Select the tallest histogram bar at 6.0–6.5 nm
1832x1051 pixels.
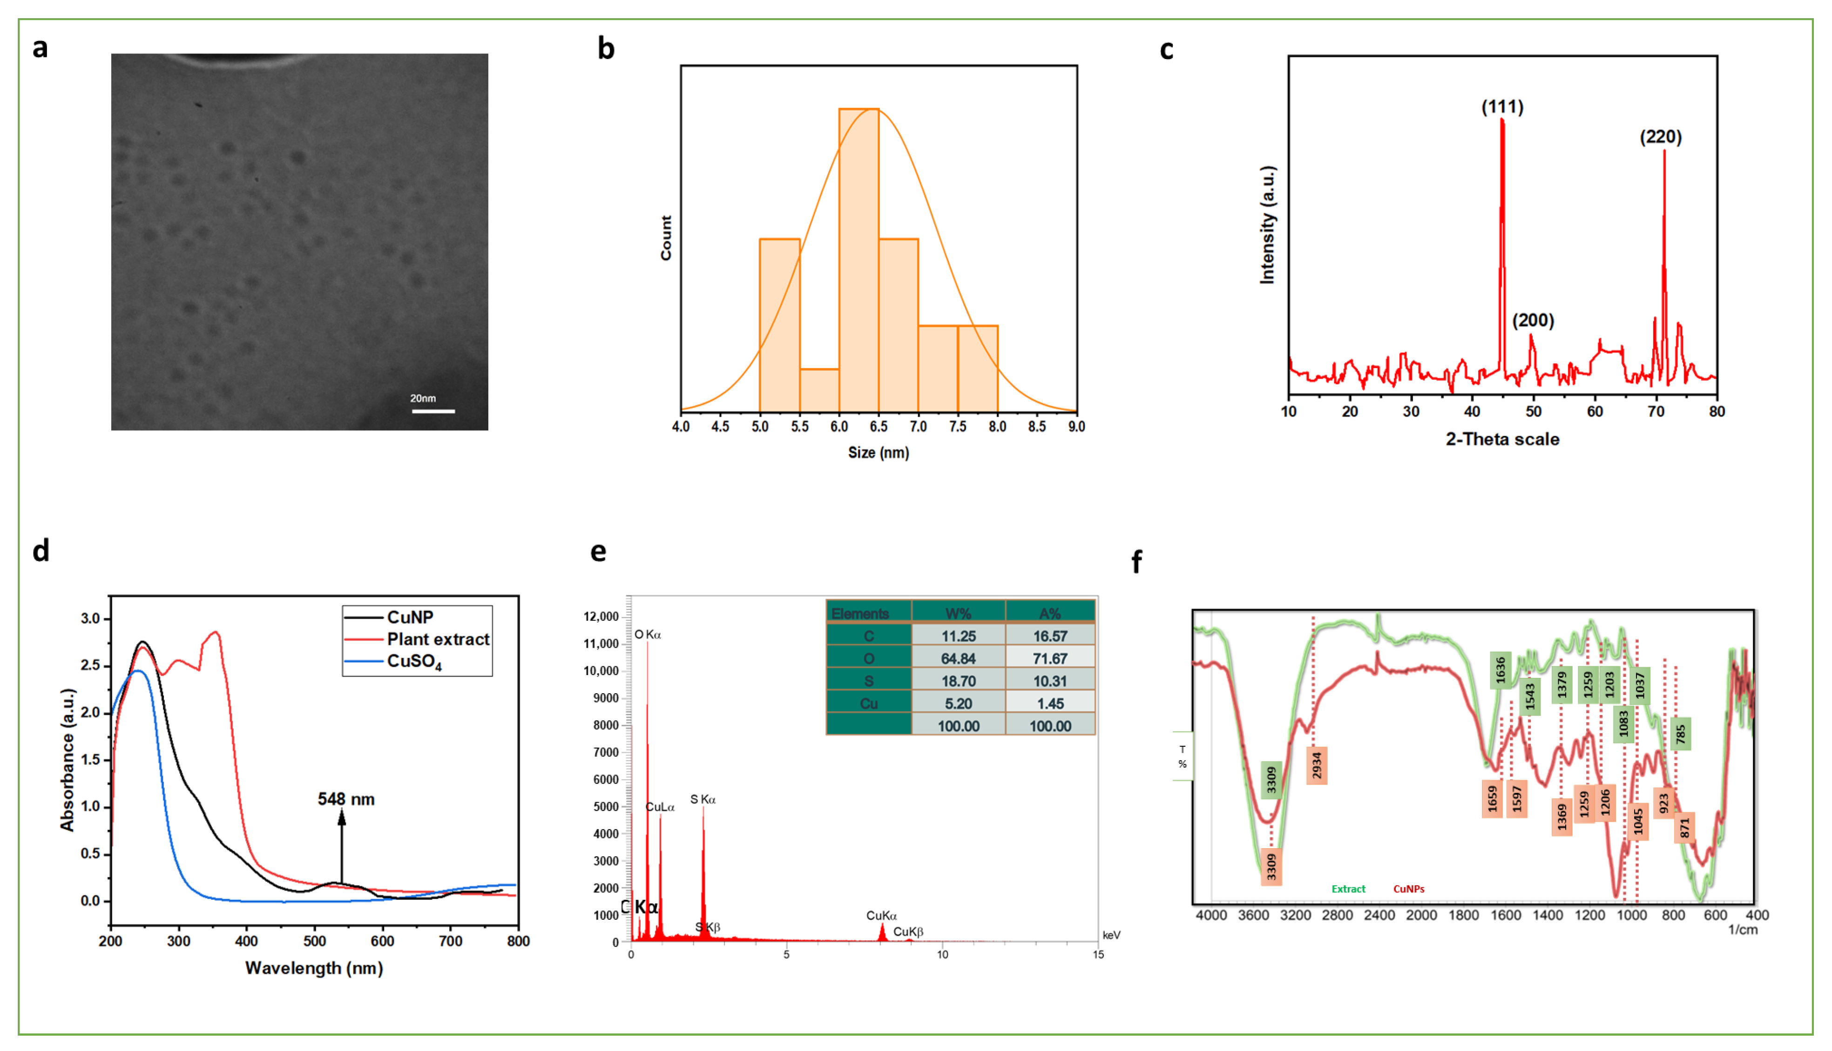tap(859, 260)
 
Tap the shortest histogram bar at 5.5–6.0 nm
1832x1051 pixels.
tap(819, 390)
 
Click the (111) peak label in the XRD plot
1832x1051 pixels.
tap(1502, 107)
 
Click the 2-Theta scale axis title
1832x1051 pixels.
tap(1502, 439)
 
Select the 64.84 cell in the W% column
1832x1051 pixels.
tap(958, 658)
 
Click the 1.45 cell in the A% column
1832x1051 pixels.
tap(1049, 703)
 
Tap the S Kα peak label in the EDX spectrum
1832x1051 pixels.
tap(703, 799)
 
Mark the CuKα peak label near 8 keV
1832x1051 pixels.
tap(881, 915)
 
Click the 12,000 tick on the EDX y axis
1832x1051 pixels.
tap(601, 616)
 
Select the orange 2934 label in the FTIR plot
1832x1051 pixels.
tap(1317, 765)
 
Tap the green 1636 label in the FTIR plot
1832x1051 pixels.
tap(1500, 670)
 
